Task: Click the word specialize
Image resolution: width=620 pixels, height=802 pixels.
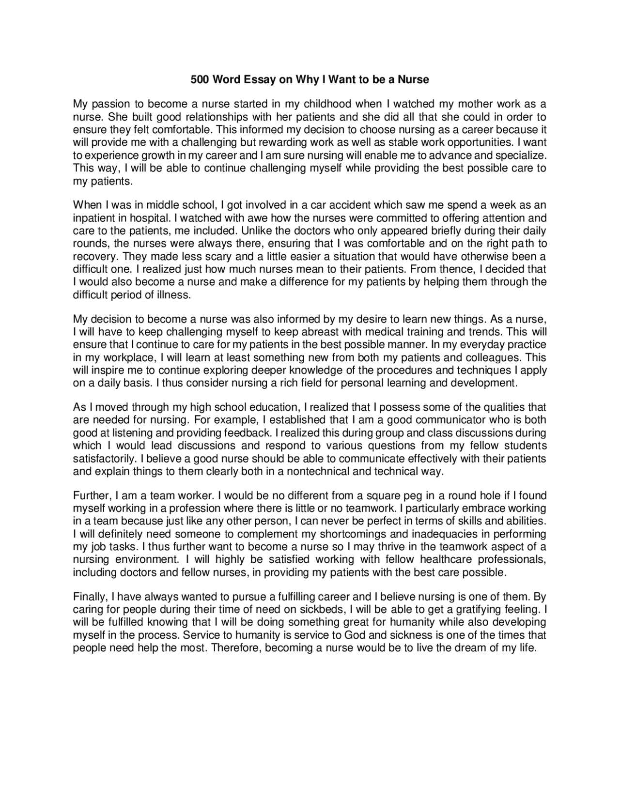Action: coord(520,155)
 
